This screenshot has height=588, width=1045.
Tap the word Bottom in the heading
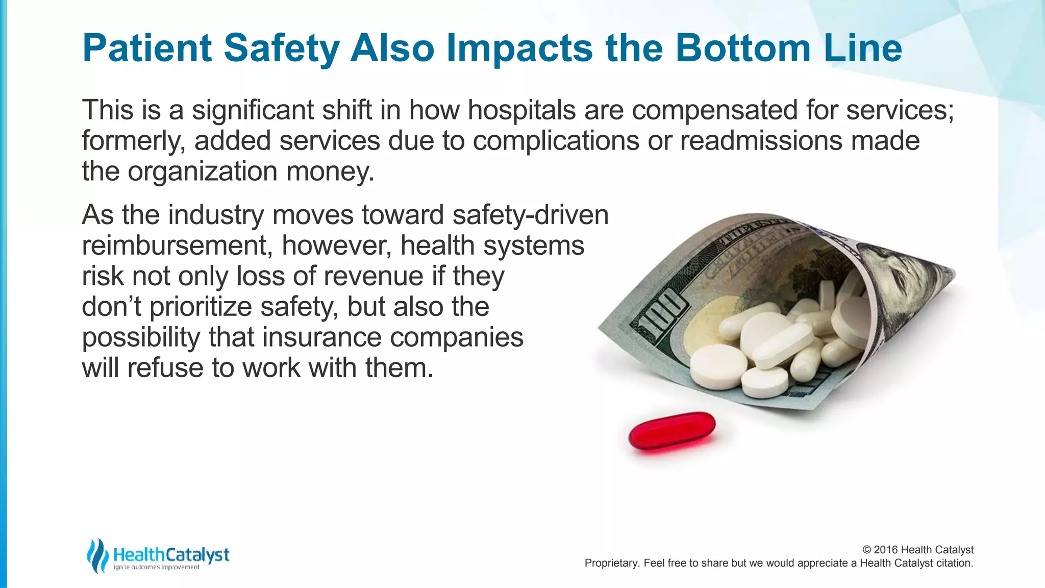coord(742,48)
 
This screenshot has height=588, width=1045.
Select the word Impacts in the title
coord(519,48)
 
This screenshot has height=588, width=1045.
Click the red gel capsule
coord(671,432)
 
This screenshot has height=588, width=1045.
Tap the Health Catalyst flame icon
coord(97,555)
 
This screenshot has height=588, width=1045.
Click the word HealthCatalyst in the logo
coord(171,554)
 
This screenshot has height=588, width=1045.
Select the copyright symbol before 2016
coord(866,550)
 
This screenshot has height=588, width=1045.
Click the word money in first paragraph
coord(330,171)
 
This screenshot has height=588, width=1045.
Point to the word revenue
coord(373,276)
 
